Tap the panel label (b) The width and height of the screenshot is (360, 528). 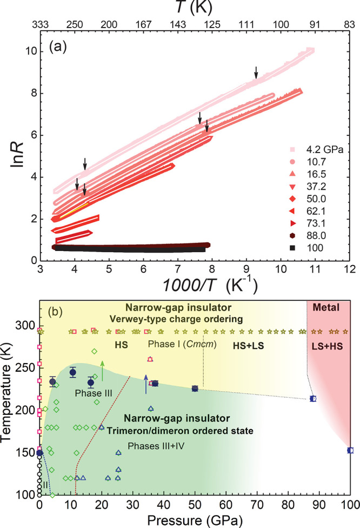(x=58, y=312)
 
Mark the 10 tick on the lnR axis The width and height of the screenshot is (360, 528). (x=28, y=51)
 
